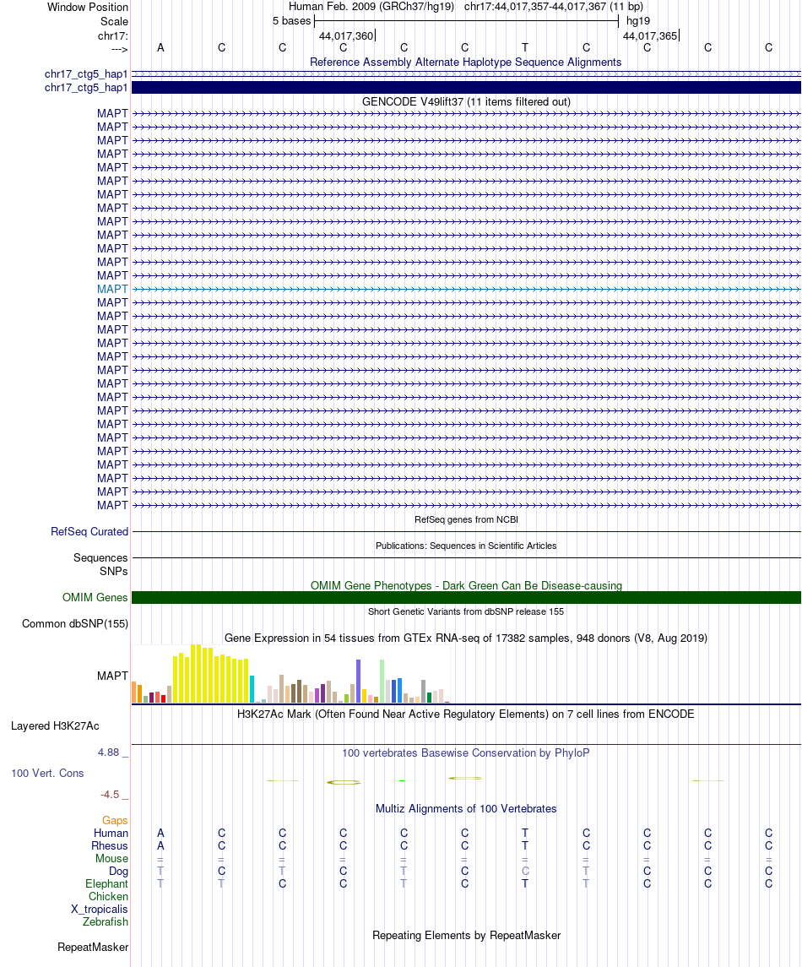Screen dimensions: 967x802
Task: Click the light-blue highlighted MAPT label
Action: pyautogui.click(x=112, y=289)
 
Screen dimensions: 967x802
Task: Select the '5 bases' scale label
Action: pyautogui.click(x=291, y=20)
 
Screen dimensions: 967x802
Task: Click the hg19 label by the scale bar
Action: pyautogui.click(x=638, y=20)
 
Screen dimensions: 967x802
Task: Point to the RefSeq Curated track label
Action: pyautogui.click(x=89, y=532)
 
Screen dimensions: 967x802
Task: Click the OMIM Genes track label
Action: pyautogui.click(x=95, y=598)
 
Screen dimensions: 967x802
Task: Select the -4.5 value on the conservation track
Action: pyautogui.click(x=111, y=795)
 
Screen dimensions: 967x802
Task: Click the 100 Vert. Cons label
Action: pyautogui.click(x=47, y=773)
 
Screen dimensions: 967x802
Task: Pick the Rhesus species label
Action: pyautogui.click(x=110, y=846)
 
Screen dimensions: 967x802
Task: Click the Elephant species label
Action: pyautogui.click(x=106, y=884)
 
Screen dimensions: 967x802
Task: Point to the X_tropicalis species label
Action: pyautogui.click(x=100, y=910)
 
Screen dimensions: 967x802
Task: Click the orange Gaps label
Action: pyautogui.click(x=115, y=821)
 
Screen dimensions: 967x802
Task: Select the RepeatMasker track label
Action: pyautogui.click(x=93, y=948)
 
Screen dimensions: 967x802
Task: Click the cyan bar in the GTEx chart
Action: pyautogui.click(x=252, y=689)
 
